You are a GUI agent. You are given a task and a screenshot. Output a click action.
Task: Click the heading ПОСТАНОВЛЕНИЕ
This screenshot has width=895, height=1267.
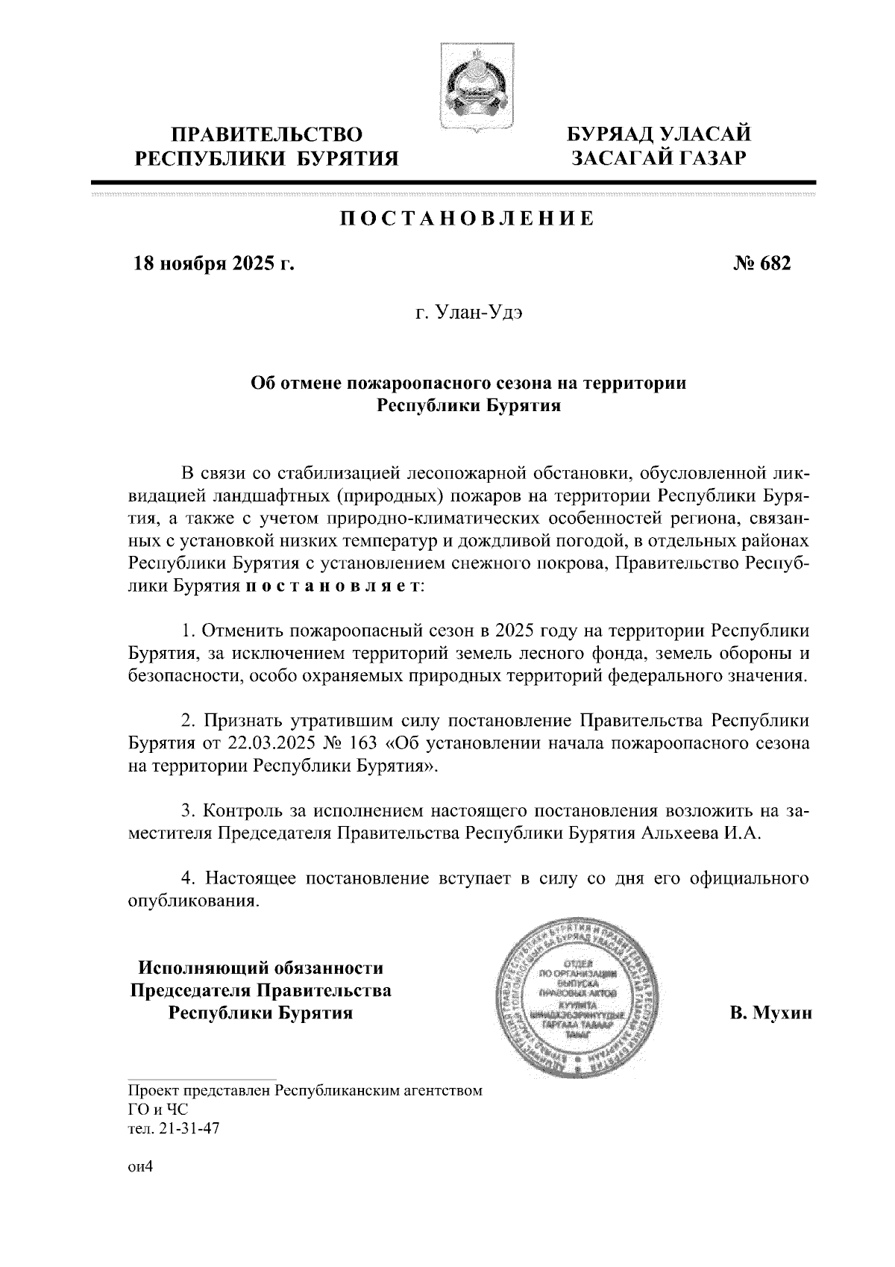click(468, 219)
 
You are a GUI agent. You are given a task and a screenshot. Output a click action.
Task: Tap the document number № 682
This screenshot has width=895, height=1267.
click(763, 264)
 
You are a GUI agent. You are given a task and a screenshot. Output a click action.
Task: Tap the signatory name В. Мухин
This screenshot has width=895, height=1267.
click(770, 1013)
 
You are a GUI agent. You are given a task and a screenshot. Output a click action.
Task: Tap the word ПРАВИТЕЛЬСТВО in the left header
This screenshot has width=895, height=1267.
click(267, 135)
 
